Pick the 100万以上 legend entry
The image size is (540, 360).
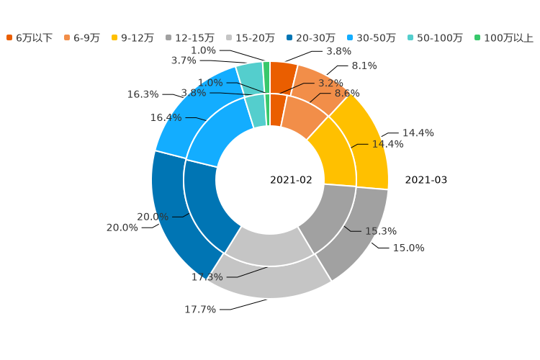click(508, 37)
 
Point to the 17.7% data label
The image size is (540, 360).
click(200, 310)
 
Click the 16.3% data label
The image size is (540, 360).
click(143, 94)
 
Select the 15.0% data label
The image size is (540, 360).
click(408, 248)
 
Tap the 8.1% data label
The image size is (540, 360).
click(364, 66)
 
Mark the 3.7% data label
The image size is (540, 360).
click(184, 60)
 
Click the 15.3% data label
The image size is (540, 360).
click(381, 231)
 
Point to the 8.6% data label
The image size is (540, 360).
click(346, 94)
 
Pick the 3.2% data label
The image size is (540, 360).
click(330, 84)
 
